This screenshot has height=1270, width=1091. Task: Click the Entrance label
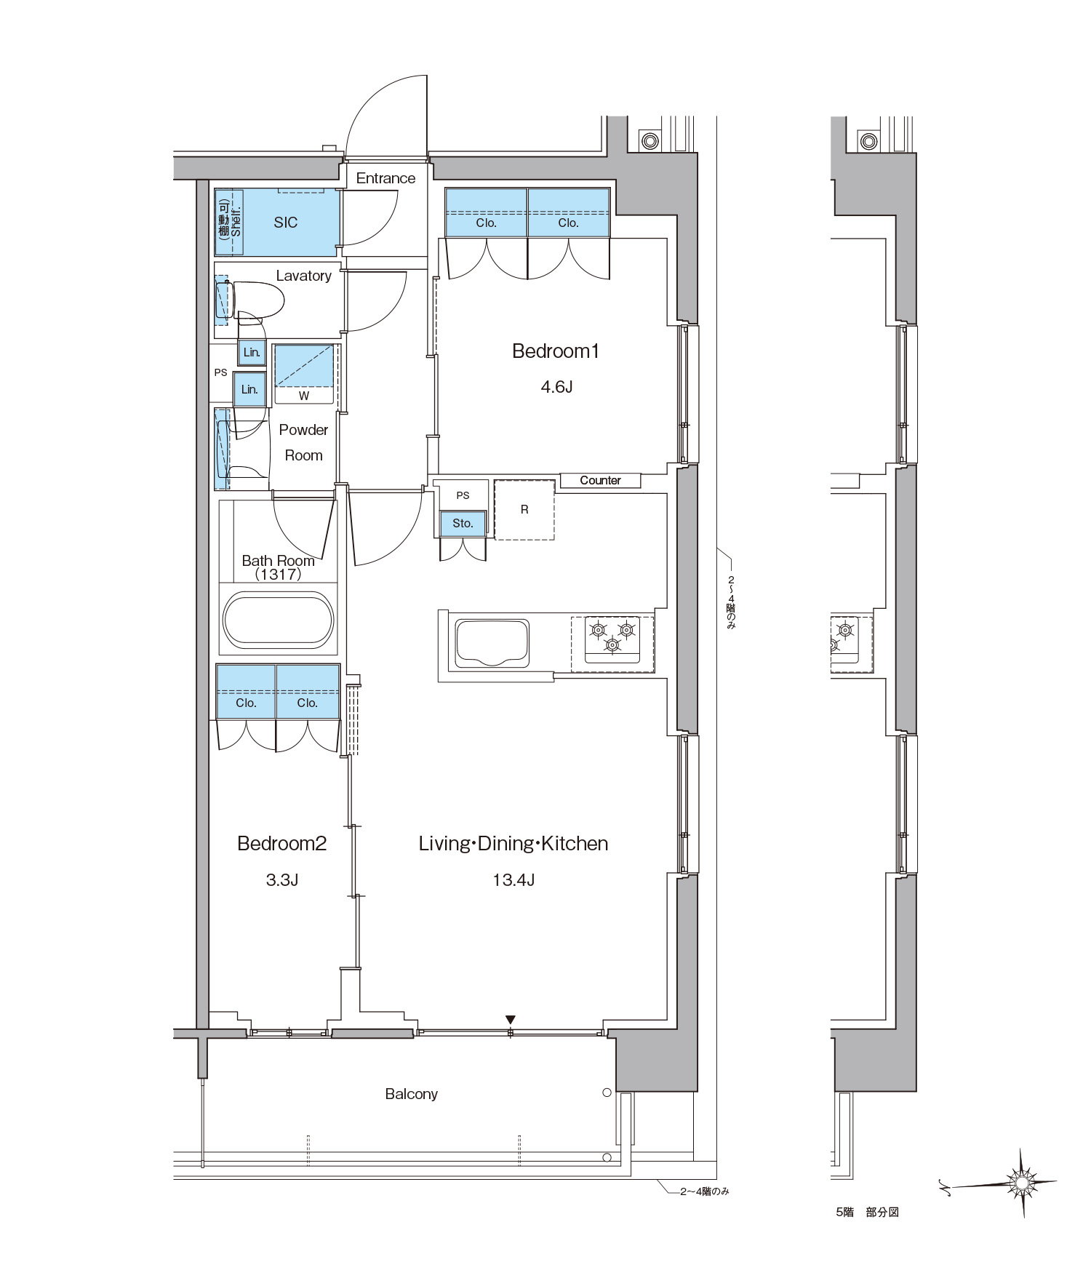click(x=385, y=178)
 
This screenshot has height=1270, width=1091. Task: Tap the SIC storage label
click(x=286, y=223)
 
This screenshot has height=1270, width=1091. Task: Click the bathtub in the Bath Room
click(x=278, y=620)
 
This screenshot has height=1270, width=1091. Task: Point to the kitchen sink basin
click(x=492, y=643)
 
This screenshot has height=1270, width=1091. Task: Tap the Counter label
click(x=600, y=480)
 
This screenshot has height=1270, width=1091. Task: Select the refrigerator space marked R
click(x=524, y=509)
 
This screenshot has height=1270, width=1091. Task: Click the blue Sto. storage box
click(x=463, y=523)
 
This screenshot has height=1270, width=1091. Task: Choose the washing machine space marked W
click(x=304, y=375)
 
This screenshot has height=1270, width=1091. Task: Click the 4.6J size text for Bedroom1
click(x=556, y=387)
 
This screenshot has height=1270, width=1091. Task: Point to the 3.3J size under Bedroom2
click(x=282, y=880)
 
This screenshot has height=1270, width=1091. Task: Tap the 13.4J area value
click(x=513, y=880)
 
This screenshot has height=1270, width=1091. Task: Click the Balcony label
click(x=411, y=1094)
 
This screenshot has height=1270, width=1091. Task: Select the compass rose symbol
click(x=1021, y=1183)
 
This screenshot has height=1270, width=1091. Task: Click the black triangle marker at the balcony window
click(x=511, y=1020)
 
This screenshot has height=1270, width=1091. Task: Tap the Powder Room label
click(x=303, y=442)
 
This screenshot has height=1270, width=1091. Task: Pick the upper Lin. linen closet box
click(x=252, y=353)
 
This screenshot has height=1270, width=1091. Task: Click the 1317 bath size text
click(x=279, y=574)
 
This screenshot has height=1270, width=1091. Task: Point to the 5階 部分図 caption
click(x=867, y=1212)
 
